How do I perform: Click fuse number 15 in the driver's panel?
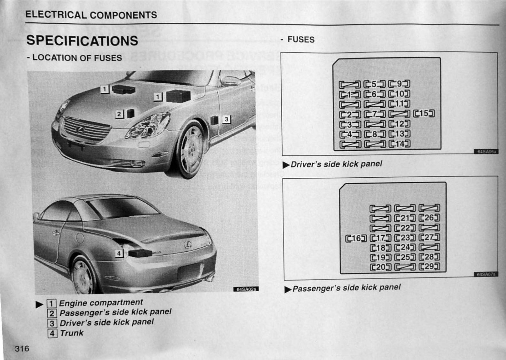(x=424, y=113)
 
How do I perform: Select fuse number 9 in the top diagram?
(x=399, y=84)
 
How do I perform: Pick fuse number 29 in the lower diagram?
(x=429, y=266)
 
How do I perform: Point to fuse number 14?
(x=399, y=144)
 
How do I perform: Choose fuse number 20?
(x=380, y=267)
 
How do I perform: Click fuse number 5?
(x=374, y=84)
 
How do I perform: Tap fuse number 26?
(x=429, y=218)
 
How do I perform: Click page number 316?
(x=22, y=348)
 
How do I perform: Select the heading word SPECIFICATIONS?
(x=82, y=41)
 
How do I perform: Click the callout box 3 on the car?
(x=226, y=119)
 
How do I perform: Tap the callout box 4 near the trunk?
(x=119, y=253)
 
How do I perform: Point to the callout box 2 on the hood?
(x=119, y=114)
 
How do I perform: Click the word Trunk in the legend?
(x=72, y=333)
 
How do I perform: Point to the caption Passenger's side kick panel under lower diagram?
(x=346, y=288)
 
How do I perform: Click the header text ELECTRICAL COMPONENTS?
(x=91, y=15)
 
